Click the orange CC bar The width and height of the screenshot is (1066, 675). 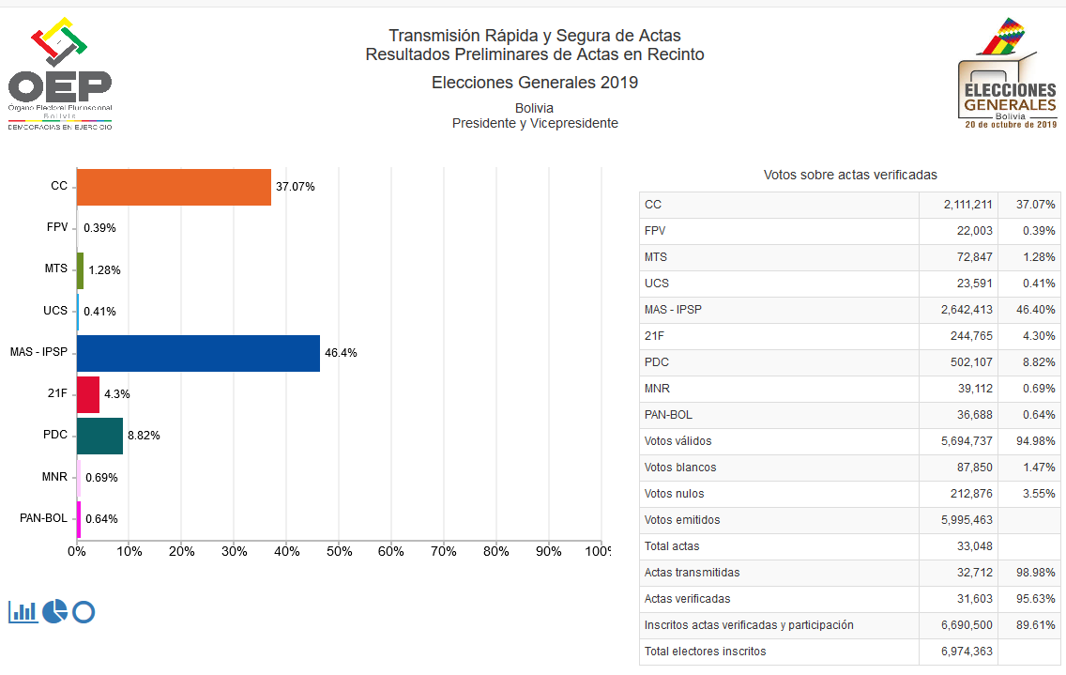click(174, 187)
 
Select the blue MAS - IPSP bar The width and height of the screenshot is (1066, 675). click(198, 353)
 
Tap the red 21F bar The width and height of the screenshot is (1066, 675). click(88, 394)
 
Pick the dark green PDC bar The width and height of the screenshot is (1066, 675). click(99, 436)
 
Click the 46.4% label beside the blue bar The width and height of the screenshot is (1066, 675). click(341, 353)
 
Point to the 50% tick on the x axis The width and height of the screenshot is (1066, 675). click(339, 550)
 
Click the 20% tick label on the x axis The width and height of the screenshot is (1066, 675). click(181, 550)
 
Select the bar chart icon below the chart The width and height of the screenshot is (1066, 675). click(23, 611)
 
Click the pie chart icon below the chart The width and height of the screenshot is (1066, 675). click(54, 611)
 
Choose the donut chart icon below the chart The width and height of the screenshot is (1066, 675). click(84, 612)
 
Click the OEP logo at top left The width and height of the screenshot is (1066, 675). click(60, 75)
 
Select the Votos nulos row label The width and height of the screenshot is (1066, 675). click(674, 494)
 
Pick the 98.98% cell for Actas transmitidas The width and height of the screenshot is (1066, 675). click(1031, 573)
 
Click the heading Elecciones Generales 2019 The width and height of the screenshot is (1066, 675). click(535, 83)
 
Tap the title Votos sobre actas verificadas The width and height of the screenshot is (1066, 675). click(850, 175)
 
